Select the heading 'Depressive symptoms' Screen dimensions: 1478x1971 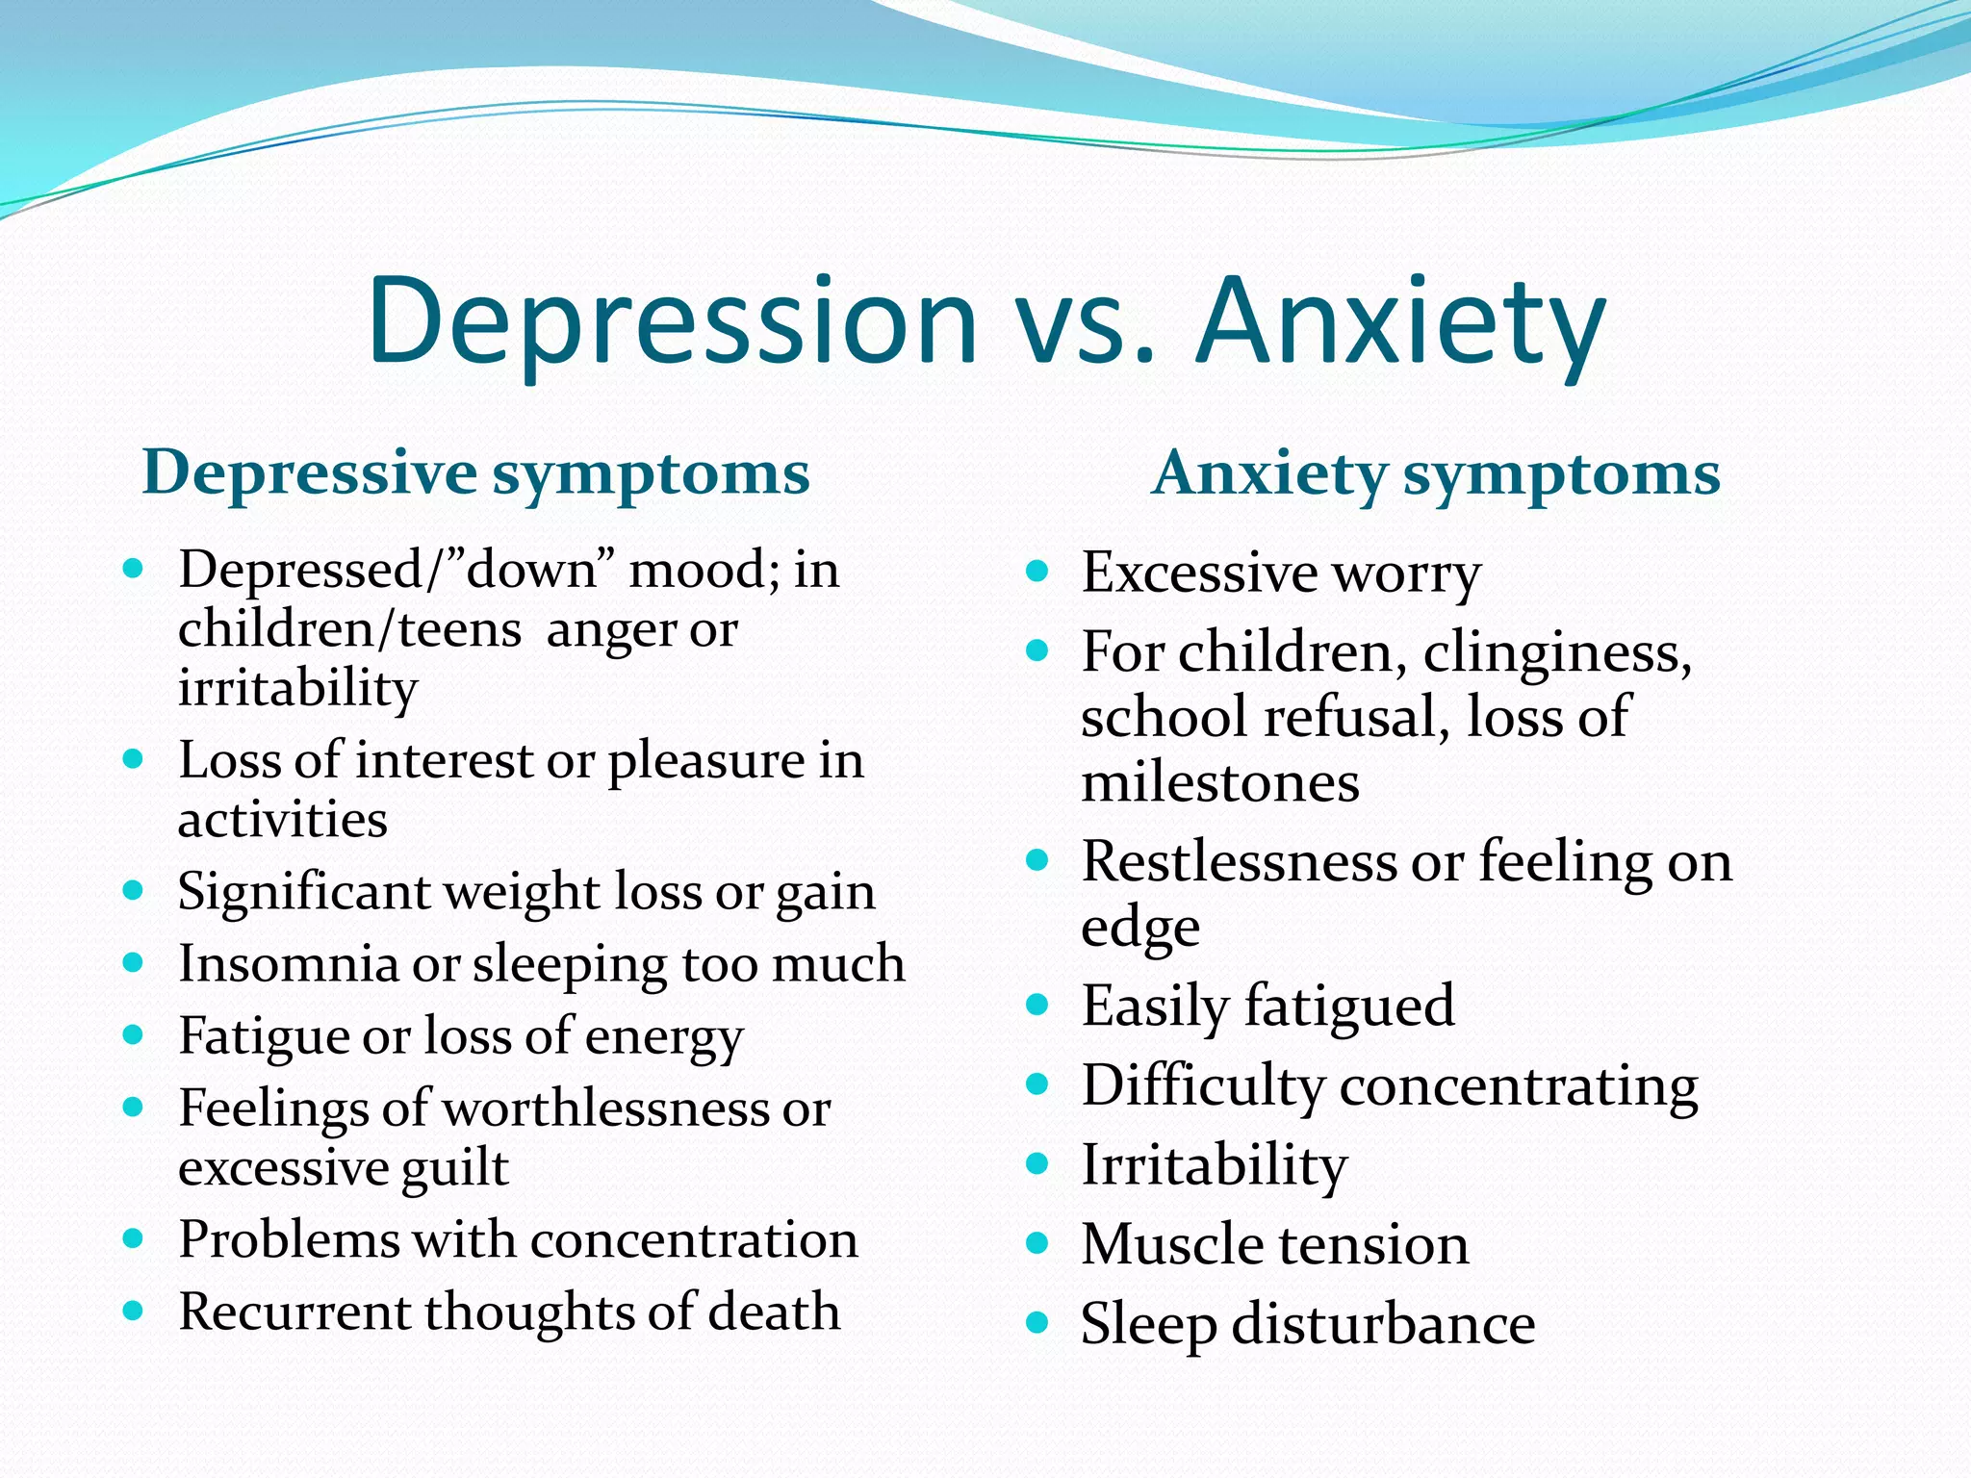pos(475,473)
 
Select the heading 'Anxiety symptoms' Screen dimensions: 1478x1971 pos(1436,473)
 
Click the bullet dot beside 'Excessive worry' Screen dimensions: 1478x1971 pos(1037,572)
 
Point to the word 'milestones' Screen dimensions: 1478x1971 pos(1219,781)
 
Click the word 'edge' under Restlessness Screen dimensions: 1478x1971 pos(1139,928)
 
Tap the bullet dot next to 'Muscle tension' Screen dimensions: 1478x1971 pos(1037,1243)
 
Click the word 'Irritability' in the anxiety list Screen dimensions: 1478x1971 pos(1214,1164)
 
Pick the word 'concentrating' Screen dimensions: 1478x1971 pos(1519,1085)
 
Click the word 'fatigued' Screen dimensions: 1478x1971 pos(1349,1007)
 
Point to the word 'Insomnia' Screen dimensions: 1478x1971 pos(288,963)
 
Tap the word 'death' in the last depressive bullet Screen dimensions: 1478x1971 pos(774,1312)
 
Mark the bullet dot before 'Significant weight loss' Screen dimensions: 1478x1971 pos(134,890)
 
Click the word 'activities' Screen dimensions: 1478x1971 pos(283,820)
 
